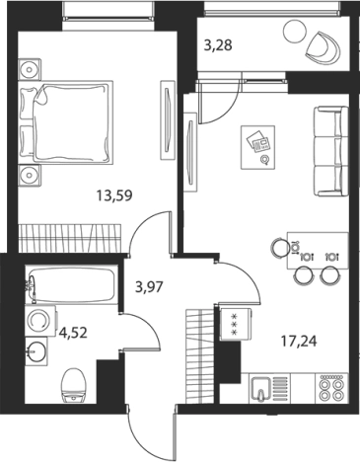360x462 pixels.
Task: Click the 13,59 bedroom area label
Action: (x=114, y=196)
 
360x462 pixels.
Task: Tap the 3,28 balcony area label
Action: (x=218, y=45)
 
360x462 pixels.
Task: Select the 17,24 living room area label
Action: (x=299, y=342)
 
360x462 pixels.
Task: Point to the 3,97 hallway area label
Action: (x=149, y=287)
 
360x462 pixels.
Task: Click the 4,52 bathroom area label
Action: (x=73, y=333)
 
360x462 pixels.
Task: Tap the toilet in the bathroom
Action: (x=74, y=385)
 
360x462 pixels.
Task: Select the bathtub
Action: (x=71, y=284)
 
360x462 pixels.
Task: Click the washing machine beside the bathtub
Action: (x=40, y=321)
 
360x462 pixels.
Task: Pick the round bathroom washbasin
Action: (x=36, y=351)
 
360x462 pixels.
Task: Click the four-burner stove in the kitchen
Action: (x=331, y=388)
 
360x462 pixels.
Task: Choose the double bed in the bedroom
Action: (x=66, y=121)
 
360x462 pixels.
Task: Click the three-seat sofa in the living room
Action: (x=329, y=152)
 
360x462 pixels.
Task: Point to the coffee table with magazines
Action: (x=257, y=147)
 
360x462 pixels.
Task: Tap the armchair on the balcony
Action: (x=324, y=47)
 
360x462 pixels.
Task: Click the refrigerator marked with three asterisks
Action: (x=236, y=325)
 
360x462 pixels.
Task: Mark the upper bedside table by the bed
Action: (x=30, y=69)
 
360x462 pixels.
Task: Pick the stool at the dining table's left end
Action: (x=280, y=248)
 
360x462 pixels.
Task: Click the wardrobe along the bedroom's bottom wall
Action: (x=70, y=238)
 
